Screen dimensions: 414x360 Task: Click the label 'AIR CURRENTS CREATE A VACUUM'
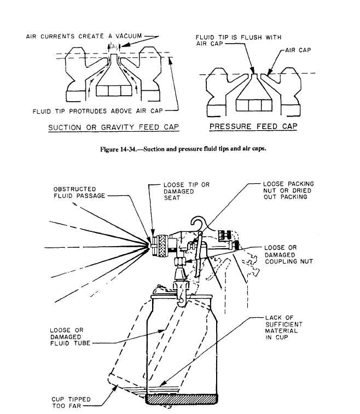pyautogui.click(x=84, y=37)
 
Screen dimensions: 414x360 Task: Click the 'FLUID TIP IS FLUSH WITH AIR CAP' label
pyautogui.click(x=239, y=41)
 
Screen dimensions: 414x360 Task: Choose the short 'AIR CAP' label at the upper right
pyautogui.click(x=299, y=50)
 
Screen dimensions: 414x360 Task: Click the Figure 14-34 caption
pyautogui.click(x=179, y=149)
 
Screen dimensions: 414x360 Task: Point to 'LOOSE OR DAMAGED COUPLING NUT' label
pyautogui.click(x=288, y=254)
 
